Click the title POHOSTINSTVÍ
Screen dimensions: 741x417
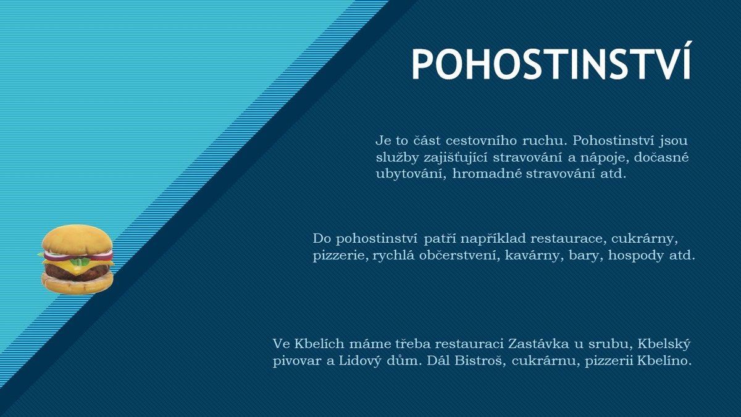[x=551, y=64]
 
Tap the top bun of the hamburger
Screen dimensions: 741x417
[x=77, y=240]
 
